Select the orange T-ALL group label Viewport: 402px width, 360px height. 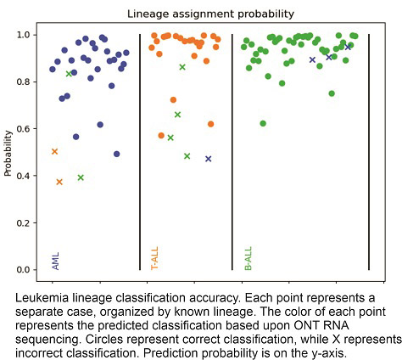(154, 258)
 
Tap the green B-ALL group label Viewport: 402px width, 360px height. (248, 258)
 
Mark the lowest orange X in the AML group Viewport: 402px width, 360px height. (59, 182)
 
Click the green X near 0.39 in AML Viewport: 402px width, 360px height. (81, 177)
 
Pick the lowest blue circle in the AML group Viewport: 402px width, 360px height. (117, 155)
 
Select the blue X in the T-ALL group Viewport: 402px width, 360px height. (208, 159)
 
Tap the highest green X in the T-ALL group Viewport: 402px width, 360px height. (182, 67)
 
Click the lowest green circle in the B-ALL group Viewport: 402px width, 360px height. (263, 124)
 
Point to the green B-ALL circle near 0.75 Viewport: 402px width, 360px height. (332, 93)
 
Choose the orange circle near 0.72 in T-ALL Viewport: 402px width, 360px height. (173, 100)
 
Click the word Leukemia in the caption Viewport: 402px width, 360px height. (43, 297)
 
